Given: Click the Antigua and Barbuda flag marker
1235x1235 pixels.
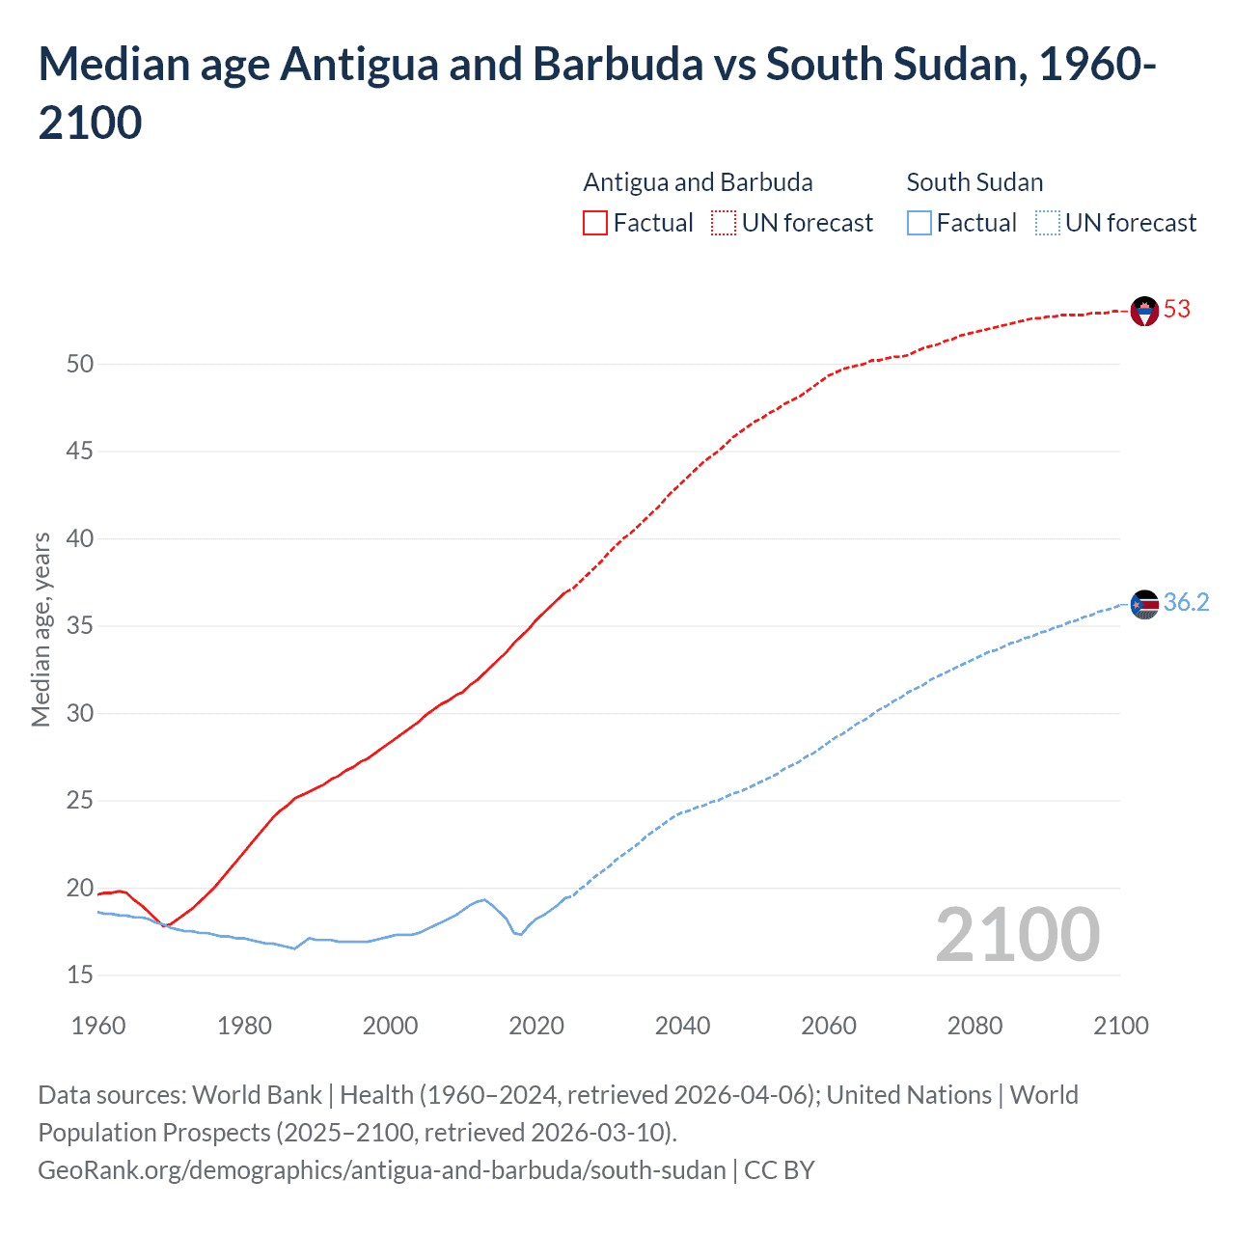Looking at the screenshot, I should [x=1143, y=312].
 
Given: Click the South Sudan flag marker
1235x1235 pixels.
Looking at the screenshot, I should [x=1143, y=605].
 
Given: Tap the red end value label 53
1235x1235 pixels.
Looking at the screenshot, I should [x=1176, y=310].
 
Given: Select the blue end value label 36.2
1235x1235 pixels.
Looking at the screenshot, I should [x=1186, y=603].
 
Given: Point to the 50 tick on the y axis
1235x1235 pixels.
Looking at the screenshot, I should [x=80, y=365].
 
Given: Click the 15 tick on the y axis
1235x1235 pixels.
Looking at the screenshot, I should [x=80, y=975].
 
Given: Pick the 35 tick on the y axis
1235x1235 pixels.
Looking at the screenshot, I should [x=80, y=626].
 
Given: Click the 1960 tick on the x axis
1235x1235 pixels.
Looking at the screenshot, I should [x=98, y=1026].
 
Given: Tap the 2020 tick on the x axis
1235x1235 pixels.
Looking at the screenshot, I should [x=536, y=1026].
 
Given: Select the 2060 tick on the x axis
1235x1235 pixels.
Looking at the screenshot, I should [x=829, y=1026].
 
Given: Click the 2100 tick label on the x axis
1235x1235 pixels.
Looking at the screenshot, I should [x=1120, y=1026].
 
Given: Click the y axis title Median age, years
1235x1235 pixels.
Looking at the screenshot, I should [x=41, y=629].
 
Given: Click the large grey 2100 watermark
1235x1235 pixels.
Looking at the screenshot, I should [x=1017, y=935].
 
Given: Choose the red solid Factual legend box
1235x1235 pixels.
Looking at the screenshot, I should [x=595, y=224].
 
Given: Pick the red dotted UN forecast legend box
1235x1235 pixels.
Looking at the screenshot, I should [x=724, y=224].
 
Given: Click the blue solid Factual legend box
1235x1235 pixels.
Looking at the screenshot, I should [x=919, y=224].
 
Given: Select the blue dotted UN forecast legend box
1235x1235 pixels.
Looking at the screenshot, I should [x=1047, y=224].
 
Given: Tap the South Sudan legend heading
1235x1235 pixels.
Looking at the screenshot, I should [x=974, y=182].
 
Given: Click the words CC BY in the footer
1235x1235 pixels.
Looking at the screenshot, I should [x=780, y=1170].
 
